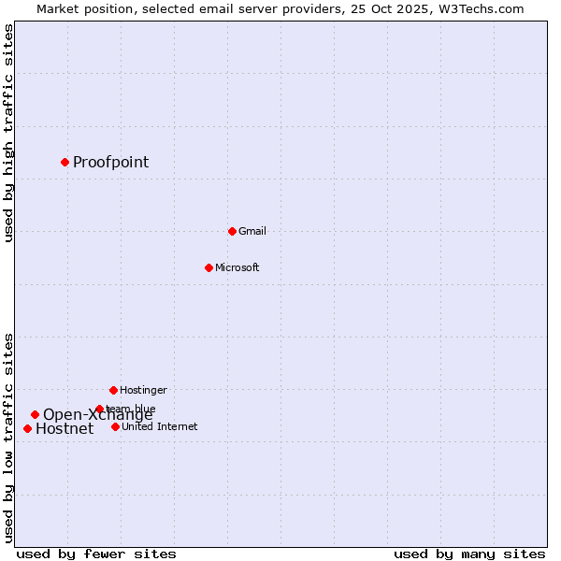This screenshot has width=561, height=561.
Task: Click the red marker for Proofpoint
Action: click(x=65, y=162)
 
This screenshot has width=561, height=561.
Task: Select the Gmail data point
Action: click(x=232, y=231)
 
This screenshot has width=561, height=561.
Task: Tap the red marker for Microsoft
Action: click(x=209, y=267)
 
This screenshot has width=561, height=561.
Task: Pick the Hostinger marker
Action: click(x=113, y=390)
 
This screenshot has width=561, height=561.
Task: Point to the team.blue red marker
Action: click(x=99, y=409)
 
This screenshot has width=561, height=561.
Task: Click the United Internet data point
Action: click(x=115, y=426)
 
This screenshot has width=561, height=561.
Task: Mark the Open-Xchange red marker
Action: click(x=35, y=414)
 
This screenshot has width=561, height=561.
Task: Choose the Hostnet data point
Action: click(x=27, y=428)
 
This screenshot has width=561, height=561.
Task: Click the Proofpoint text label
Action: click(x=110, y=162)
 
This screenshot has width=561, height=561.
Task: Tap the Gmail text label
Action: click(x=252, y=231)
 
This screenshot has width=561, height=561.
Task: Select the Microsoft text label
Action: click(x=237, y=267)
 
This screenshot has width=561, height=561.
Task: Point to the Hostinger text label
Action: click(x=143, y=390)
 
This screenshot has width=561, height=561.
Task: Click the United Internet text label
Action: click(x=159, y=426)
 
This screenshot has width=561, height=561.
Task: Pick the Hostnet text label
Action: click(x=65, y=429)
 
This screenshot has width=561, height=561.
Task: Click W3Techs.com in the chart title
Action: click(x=483, y=8)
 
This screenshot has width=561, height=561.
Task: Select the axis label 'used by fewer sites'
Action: click(x=96, y=554)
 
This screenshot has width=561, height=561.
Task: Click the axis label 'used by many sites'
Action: click(x=469, y=554)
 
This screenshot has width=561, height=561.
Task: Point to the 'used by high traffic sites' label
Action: click(x=8, y=133)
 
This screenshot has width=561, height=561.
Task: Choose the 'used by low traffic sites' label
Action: click(x=8, y=438)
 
